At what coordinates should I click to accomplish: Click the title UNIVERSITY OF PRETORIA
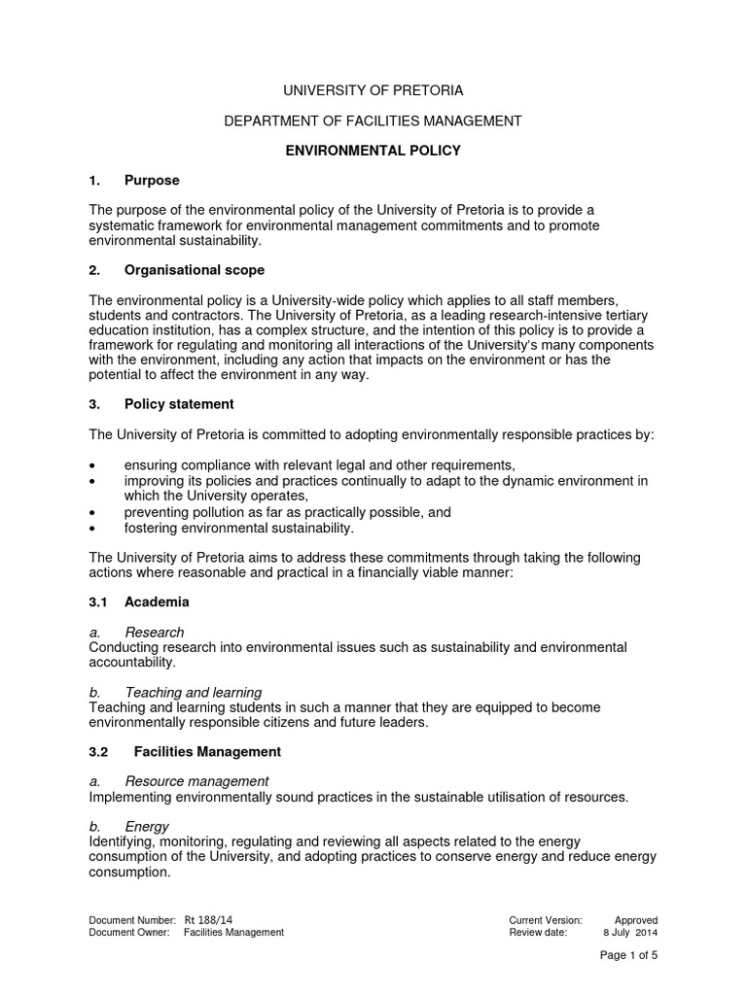(373, 90)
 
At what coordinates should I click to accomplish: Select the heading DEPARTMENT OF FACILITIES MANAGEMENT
(373, 120)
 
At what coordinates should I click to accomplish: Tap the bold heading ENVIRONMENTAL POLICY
(373, 151)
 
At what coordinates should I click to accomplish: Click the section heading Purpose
(152, 181)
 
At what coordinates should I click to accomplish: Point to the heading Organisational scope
(194, 269)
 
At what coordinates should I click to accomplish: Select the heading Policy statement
(179, 403)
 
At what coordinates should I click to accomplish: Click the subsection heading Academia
(157, 601)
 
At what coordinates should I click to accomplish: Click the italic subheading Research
(155, 633)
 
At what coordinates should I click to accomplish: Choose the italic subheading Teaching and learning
(193, 692)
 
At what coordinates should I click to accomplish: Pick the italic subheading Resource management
(196, 781)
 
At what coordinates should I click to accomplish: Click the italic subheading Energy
(147, 826)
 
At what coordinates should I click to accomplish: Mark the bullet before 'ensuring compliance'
(92, 465)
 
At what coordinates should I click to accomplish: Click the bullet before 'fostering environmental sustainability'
(92, 528)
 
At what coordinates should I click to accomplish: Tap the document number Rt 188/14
(207, 919)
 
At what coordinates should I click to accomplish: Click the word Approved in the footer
(636, 919)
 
